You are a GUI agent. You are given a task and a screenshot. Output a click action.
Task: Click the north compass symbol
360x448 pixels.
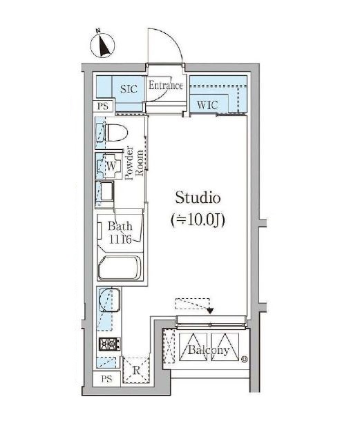coord(102,45)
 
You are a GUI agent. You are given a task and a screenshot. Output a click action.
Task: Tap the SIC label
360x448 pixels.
coord(129,89)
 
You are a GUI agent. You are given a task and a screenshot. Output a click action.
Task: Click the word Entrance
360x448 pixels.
coord(166,85)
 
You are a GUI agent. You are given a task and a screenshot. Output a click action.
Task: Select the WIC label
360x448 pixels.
coord(207,105)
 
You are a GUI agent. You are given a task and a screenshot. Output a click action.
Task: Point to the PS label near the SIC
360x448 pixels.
coord(103,106)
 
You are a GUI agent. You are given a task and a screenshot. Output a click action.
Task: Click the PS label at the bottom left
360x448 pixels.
coord(106,379)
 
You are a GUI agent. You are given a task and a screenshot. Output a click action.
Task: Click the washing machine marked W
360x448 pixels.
coord(109,166)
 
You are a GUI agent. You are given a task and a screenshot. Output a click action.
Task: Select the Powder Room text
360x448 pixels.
coord(134,163)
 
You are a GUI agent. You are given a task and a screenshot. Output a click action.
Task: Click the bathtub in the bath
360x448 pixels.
coord(120,268)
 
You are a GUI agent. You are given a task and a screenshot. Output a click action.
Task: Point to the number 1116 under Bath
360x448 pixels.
coord(120,239)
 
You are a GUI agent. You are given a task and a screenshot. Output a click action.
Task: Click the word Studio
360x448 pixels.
coord(198,197)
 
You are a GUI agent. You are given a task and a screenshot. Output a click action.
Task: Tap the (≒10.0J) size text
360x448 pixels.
coord(198,220)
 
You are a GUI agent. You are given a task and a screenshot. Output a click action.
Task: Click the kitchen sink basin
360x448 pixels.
coord(109,300)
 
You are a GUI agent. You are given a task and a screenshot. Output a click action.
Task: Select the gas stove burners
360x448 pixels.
coord(109,344)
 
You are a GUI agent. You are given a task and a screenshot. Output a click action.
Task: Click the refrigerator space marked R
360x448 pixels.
coord(136,370)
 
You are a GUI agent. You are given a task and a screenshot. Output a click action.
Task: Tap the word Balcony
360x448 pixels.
coord(209,350)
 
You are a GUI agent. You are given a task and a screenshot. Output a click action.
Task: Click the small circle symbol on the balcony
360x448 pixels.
coord(244,359)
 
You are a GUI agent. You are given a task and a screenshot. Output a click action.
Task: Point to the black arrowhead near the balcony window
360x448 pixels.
coord(210,311)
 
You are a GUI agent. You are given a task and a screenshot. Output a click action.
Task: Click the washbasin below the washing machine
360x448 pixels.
coord(104,191)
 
